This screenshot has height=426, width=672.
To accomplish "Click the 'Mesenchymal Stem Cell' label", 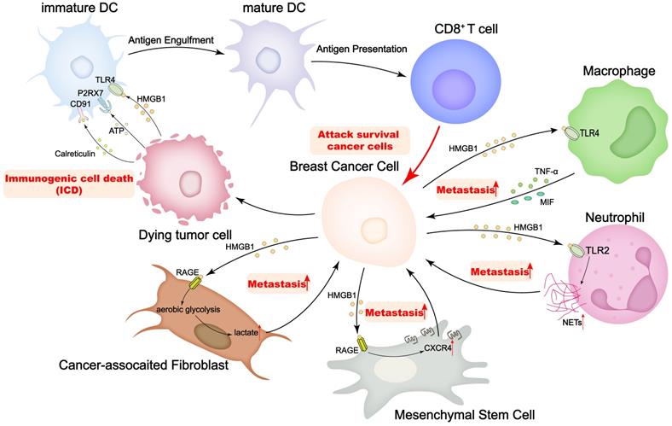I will (465, 416).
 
